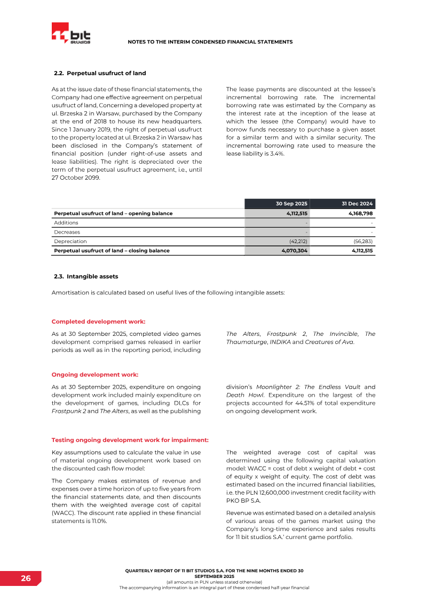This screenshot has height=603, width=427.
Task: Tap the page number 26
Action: (26, 578)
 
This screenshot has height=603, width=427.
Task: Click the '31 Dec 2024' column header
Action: (357, 204)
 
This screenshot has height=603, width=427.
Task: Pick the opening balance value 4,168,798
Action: (358, 213)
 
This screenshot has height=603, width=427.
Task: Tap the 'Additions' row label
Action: (66, 222)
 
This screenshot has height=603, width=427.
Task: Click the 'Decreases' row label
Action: (67, 232)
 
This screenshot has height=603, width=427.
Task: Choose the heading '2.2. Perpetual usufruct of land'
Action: (100, 73)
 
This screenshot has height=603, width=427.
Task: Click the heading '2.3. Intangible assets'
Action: (86, 277)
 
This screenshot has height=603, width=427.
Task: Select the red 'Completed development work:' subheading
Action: (98, 321)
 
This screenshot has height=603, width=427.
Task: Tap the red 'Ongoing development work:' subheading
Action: (94, 374)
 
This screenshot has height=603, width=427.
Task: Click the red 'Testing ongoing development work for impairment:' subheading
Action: (130, 440)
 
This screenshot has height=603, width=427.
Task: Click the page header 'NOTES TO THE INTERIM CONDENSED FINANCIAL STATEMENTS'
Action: (210, 42)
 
